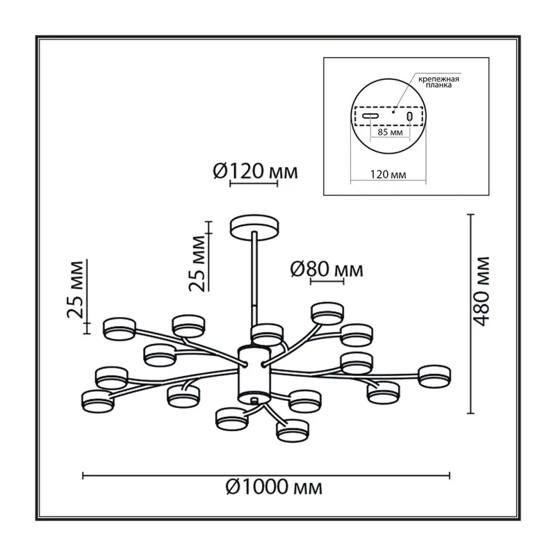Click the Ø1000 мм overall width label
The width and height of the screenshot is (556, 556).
[274, 487]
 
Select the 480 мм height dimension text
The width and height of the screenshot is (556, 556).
[482, 291]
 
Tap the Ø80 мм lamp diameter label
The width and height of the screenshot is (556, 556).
[327, 270]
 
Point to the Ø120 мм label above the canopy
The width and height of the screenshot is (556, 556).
[255, 172]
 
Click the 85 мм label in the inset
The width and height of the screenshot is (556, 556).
[390, 133]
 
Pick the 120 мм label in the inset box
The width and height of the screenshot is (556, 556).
[389, 174]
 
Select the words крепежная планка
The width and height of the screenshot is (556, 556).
[439, 82]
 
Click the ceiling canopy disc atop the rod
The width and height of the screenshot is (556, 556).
[254, 227]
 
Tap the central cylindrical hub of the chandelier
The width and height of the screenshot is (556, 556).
[254, 375]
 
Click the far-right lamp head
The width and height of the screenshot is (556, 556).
[434, 376]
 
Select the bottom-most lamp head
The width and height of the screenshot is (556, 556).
[293, 431]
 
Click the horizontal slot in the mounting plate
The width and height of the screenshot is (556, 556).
[370, 116]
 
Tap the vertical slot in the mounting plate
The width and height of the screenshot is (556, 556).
[409, 116]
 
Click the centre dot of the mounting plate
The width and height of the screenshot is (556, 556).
[393, 112]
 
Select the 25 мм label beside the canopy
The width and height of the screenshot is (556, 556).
[197, 263]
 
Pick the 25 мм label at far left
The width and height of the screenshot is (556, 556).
[75, 289]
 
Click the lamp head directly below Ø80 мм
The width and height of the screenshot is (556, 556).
[327, 313]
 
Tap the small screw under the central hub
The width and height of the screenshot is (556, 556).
[253, 401]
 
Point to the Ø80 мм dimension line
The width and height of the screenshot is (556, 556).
[327, 281]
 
